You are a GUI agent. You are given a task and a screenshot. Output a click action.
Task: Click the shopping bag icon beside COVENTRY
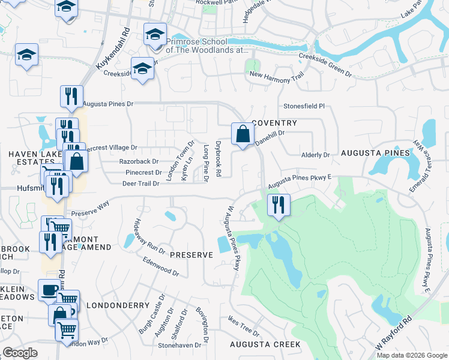click(x=242, y=134)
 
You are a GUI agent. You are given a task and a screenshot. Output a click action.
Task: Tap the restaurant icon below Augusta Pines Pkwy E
click(x=278, y=205)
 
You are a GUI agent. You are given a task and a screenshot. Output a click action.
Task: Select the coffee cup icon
click(x=49, y=290)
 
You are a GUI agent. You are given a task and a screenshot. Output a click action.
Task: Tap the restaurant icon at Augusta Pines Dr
click(x=71, y=97)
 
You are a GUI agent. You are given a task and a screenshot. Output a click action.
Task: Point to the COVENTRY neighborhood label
click(x=274, y=123)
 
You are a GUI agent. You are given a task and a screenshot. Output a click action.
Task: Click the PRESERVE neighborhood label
click(x=191, y=255)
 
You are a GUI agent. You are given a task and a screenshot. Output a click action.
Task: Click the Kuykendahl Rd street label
click(x=112, y=50)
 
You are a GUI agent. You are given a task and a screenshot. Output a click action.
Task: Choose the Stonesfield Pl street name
click(x=304, y=106)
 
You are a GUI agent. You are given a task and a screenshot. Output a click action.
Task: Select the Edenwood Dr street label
click(x=161, y=267)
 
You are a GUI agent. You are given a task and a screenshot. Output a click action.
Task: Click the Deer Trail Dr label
click(x=140, y=184)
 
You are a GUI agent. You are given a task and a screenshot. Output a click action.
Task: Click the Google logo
click(x=20, y=353)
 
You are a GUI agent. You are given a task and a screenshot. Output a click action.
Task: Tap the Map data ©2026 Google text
click(x=411, y=355)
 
